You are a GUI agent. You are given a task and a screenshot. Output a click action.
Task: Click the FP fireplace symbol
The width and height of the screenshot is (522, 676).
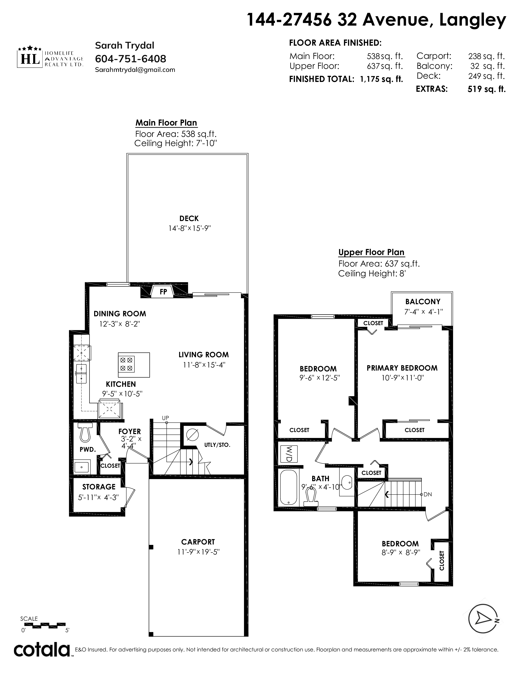tap(163, 291)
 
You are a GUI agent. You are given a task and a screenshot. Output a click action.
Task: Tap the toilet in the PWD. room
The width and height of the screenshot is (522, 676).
tap(85, 432)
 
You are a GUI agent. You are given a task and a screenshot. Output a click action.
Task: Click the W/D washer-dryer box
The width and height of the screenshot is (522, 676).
tap(288, 454)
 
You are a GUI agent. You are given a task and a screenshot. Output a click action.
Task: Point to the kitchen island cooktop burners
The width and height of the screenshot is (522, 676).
tap(126, 364)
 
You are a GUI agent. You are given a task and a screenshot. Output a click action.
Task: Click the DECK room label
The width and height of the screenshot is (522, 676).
tap(189, 219)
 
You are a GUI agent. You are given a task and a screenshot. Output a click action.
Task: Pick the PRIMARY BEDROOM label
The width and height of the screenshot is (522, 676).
tap(402, 368)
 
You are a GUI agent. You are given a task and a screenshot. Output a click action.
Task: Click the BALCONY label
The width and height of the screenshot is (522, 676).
tap(423, 302)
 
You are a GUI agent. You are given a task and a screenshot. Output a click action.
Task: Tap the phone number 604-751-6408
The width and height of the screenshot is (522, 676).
tap(131, 59)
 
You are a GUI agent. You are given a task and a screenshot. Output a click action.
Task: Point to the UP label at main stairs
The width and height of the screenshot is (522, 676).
tap(165, 418)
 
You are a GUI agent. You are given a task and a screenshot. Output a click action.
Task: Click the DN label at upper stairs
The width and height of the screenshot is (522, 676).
tap(428, 494)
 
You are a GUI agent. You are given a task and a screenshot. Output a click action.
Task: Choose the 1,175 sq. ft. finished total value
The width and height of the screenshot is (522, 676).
tap(382, 79)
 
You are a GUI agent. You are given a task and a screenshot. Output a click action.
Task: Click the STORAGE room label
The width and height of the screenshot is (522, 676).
tap(99, 487)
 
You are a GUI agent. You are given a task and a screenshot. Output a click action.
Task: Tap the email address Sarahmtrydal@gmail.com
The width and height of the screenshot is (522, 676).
tap(135, 70)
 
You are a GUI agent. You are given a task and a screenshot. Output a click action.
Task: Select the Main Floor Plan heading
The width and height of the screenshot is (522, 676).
tap(166, 123)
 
